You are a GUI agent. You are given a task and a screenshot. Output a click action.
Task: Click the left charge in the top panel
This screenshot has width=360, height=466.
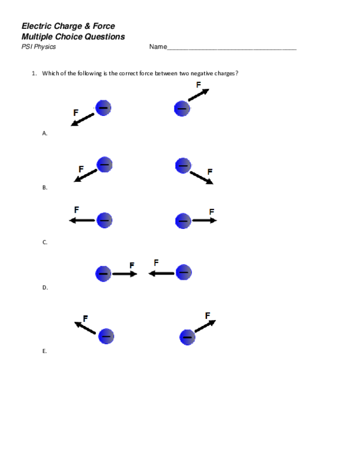coord(103,108)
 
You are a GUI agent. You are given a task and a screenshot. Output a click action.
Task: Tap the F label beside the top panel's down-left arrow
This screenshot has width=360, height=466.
coord(76,112)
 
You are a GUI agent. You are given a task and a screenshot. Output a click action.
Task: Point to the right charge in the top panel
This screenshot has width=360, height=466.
coord(182,109)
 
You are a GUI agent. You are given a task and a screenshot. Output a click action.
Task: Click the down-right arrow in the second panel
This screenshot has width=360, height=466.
coord(202,178)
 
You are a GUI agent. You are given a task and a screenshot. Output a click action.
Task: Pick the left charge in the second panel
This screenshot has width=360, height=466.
coord(104,165)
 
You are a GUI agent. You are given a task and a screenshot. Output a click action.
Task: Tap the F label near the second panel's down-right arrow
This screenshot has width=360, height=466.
coord(209,172)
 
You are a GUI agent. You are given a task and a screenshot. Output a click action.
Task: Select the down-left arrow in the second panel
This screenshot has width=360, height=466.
coord(86,175)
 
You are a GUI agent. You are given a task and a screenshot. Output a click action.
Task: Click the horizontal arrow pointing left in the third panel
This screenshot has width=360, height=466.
coord(82,220)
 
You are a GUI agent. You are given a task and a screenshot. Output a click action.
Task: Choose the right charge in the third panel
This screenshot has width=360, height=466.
coord(183,221)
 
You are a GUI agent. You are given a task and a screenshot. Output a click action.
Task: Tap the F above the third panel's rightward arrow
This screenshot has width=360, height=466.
coord(212,212)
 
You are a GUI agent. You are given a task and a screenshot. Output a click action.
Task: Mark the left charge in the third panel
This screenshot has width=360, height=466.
coord(104,220)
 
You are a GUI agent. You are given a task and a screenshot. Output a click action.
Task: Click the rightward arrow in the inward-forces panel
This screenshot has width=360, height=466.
coord(125,274)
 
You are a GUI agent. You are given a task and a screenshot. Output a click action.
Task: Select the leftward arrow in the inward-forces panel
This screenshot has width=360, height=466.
coord(161,273)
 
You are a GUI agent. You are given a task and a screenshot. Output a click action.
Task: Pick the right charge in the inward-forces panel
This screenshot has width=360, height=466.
coord(183,273)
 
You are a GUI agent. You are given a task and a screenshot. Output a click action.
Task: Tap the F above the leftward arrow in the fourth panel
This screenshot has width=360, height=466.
coord(156,262)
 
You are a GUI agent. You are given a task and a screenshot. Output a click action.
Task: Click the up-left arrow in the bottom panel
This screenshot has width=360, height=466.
coord(85,328)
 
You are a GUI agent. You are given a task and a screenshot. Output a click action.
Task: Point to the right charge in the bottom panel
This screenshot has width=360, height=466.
coord(187,337)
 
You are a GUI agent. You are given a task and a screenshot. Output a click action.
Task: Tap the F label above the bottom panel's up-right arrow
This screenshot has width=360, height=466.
coord(207,316)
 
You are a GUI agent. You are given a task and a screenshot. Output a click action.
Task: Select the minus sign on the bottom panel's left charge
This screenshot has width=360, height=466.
coord(106,337)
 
